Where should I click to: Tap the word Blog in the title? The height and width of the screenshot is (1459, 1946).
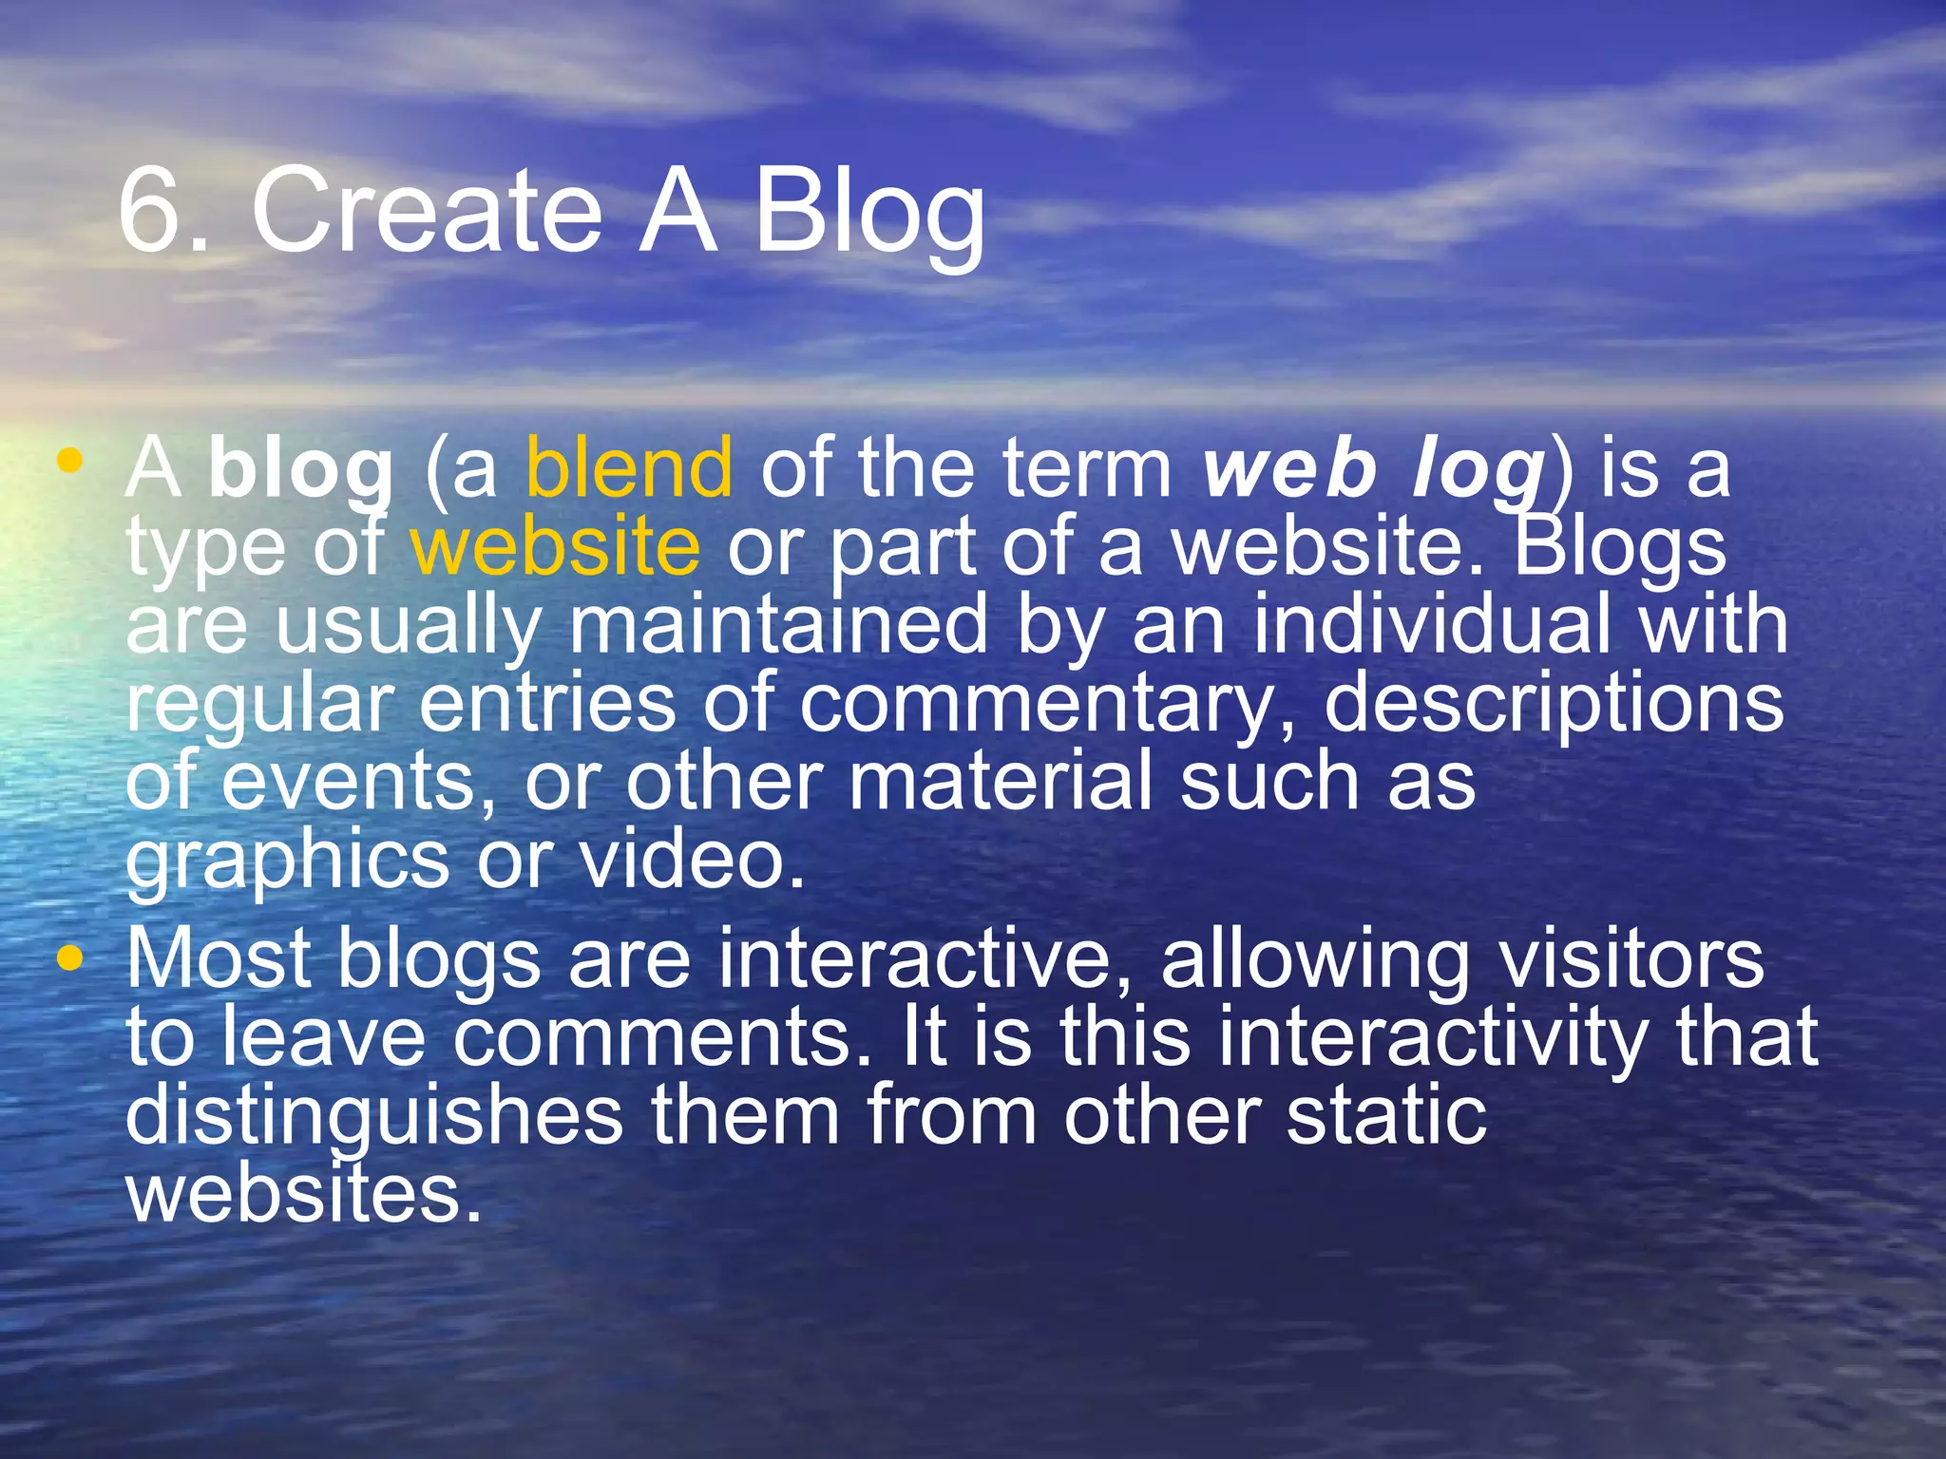(868, 214)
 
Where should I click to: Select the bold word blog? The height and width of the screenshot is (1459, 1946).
(300, 470)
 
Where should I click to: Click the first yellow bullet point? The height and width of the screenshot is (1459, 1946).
(69, 463)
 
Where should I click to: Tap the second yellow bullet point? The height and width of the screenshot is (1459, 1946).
(69, 958)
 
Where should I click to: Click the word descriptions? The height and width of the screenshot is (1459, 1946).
(1554, 705)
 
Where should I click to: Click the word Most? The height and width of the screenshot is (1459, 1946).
(219, 958)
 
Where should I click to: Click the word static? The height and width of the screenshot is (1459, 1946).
(1386, 1115)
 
